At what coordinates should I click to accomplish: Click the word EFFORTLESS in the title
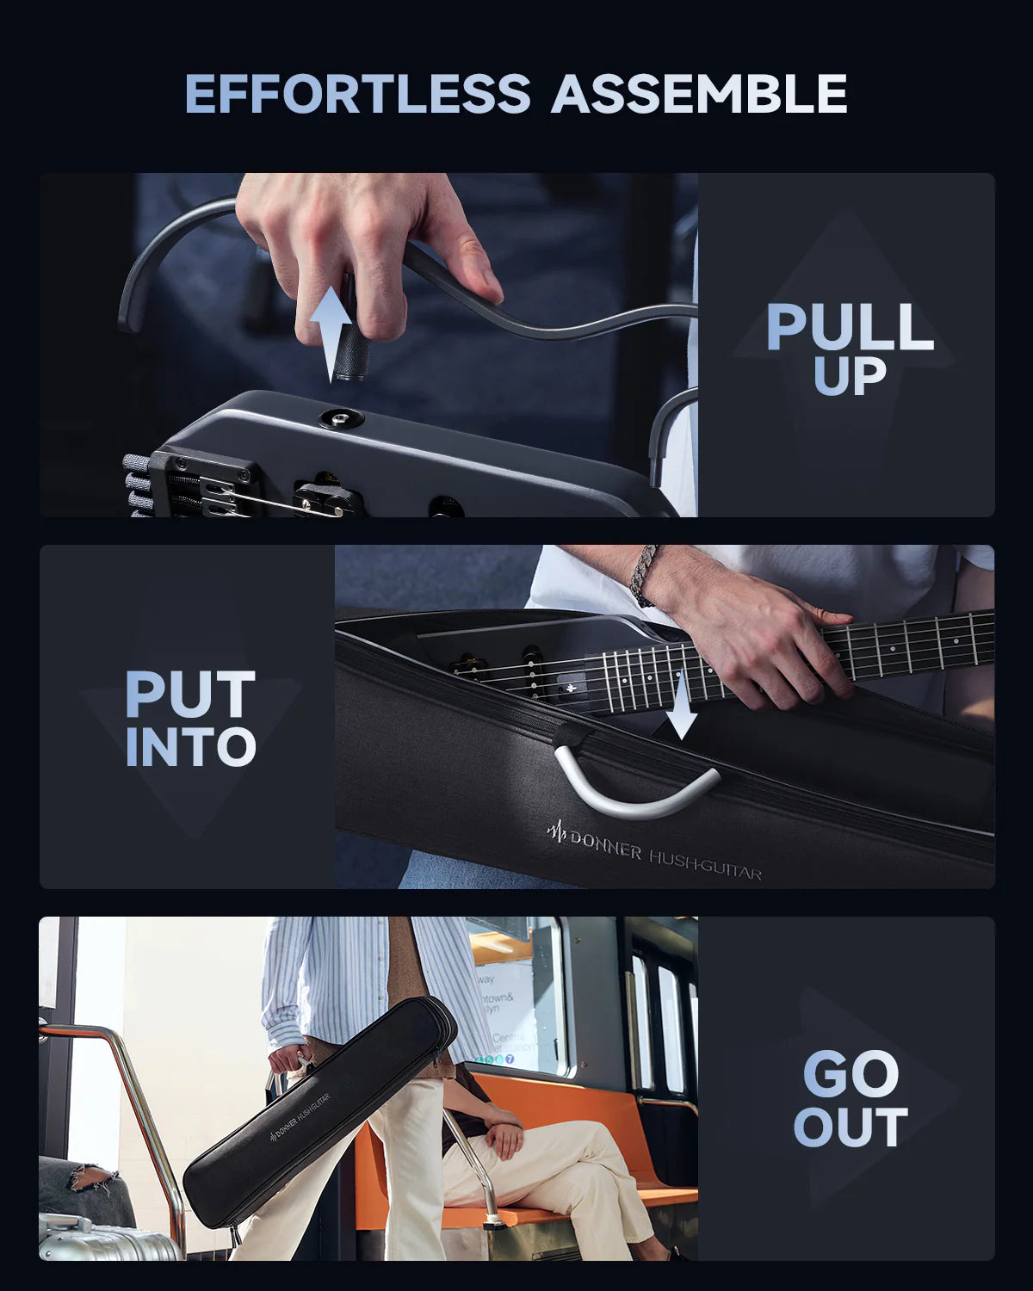point(357,95)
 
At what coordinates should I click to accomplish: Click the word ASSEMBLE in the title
point(699,95)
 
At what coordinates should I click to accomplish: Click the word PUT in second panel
point(190,695)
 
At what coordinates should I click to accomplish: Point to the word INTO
point(190,747)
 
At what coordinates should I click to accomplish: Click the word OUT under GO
point(850,1127)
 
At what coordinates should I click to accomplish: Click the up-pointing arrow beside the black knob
point(330,336)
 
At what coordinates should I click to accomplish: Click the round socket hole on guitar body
point(340,419)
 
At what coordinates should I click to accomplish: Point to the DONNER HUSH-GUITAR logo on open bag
point(654,854)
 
